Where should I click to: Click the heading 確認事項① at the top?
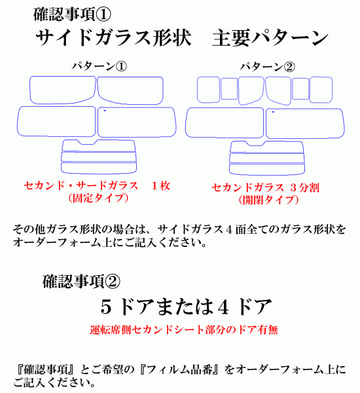[72, 14]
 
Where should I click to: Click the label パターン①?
[99, 66]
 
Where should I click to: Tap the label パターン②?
[267, 67]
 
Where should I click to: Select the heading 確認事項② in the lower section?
[81, 281]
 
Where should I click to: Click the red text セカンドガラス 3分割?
[265, 188]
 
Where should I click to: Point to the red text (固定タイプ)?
[98, 198]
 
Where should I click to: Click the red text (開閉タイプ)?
[268, 200]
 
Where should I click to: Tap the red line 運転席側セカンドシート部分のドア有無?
[184, 329]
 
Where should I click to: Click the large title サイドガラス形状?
[113, 37]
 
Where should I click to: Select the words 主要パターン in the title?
[270, 37]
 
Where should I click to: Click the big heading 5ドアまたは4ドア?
[186, 307]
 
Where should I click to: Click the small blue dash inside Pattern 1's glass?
[105, 111]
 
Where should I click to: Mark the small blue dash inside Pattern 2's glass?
[273, 112]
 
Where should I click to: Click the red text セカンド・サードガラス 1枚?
[97, 186]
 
